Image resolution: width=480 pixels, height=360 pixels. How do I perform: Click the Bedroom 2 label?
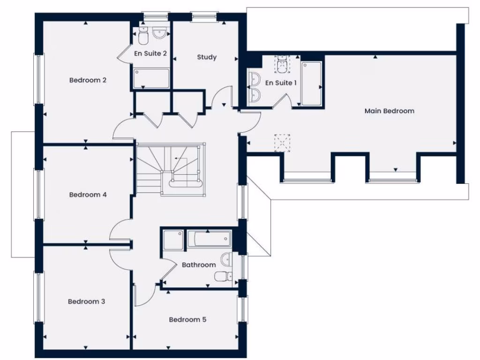pos(88,80)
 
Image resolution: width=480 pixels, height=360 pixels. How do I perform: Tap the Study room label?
pos(206,57)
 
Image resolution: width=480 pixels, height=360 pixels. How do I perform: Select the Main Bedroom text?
pos(389,111)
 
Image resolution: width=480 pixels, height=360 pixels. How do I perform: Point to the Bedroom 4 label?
pos(88,195)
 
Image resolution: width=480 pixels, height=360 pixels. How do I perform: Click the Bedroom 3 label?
pos(86,301)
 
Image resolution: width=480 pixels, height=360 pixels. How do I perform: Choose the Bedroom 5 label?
pos(187,320)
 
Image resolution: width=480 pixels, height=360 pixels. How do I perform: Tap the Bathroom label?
pos(199,265)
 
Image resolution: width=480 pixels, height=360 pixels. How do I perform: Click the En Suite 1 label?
pos(281,83)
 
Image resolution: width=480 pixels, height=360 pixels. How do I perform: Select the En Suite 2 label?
pos(150,53)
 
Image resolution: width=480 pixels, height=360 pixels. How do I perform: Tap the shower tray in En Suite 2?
pos(151,79)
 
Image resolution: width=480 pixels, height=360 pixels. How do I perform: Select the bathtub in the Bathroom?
pos(209,240)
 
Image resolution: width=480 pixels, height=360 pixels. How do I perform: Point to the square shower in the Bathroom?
pos(172,240)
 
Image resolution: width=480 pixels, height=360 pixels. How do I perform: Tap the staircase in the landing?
pos(170,169)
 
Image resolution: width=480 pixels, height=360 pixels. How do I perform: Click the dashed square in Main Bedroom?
pos(282,143)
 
